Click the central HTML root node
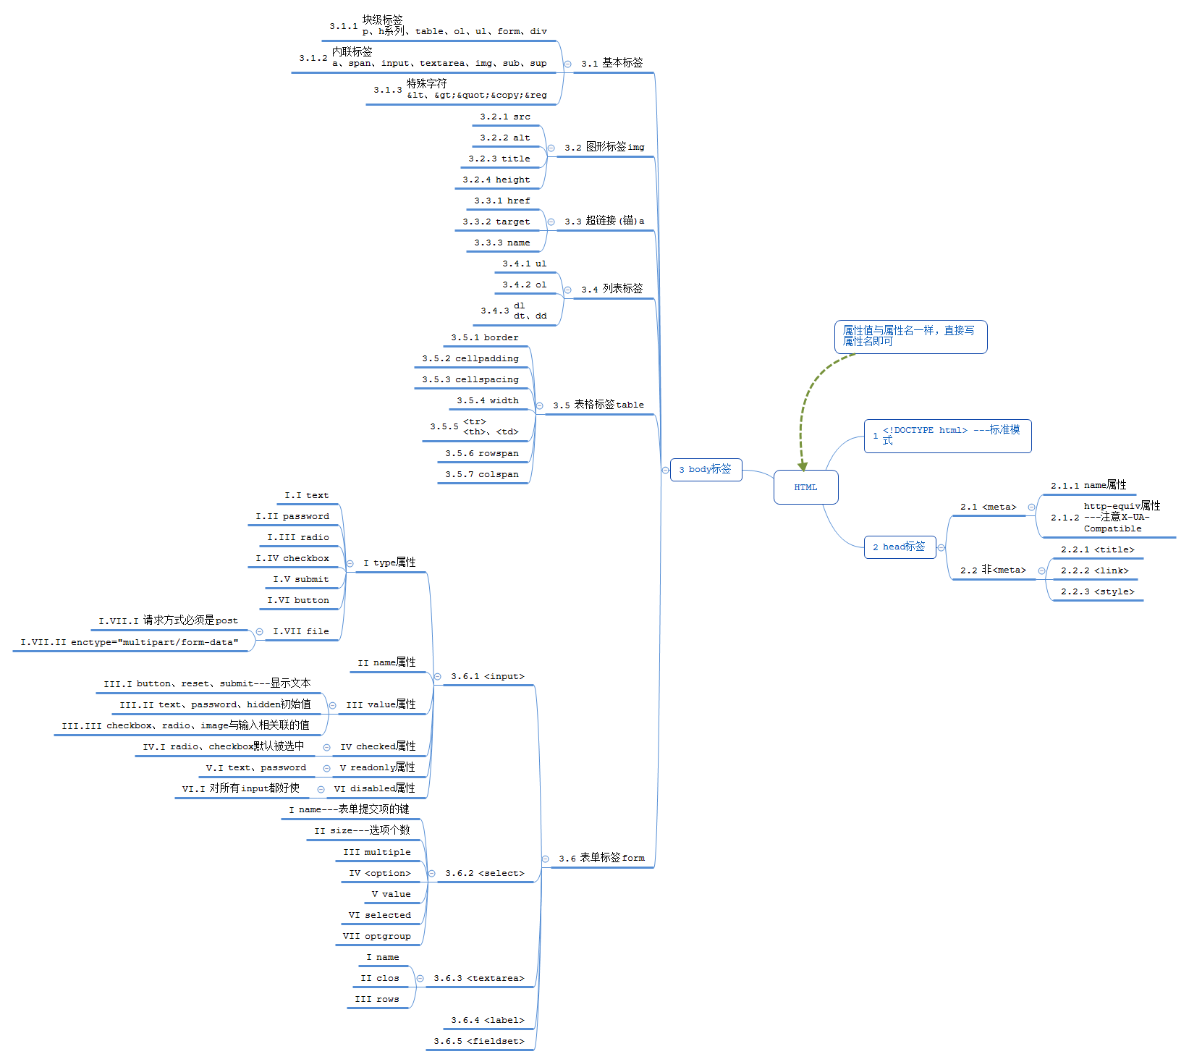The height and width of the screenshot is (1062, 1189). [x=805, y=487]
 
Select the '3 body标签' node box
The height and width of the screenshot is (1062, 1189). [x=706, y=469]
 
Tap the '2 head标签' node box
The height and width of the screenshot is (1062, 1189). [x=899, y=547]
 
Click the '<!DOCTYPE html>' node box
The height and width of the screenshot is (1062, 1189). [x=947, y=436]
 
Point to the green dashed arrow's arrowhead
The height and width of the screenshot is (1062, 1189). [x=803, y=466]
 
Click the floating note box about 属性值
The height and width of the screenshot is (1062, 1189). [x=910, y=337]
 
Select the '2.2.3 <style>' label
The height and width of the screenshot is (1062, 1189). [x=1097, y=591]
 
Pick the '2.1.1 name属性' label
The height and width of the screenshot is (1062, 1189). [x=1088, y=485]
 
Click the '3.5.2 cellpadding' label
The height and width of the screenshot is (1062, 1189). [x=470, y=358]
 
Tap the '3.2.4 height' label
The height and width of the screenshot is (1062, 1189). [x=496, y=180]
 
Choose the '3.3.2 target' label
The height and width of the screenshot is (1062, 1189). [x=496, y=222]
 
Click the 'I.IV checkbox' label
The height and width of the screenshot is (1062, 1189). [x=292, y=558]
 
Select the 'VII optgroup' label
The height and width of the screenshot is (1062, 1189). [x=376, y=936]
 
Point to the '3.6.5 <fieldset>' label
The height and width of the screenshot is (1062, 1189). [x=479, y=1041]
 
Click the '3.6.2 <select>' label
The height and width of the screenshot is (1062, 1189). [x=485, y=873]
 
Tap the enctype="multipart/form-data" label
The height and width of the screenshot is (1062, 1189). [x=130, y=642]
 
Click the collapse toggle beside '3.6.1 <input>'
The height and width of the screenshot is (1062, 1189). [x=438, y=677]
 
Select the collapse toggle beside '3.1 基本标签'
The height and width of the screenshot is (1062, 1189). [x=568, y=64]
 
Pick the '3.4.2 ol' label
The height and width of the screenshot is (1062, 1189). [x=525, y=285]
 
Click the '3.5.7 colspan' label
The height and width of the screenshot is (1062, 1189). [x=482, y=474]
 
